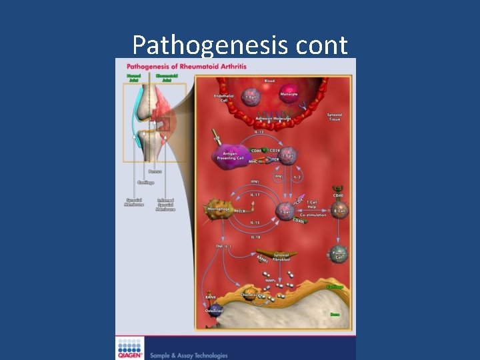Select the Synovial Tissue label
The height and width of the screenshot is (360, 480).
pyautogui.click(x=335, y=117)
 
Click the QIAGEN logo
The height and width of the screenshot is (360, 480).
pyautogui.click(x=131, y=347)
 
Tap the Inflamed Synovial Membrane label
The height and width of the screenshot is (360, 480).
pyautogui.click(x=165, y=205)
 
